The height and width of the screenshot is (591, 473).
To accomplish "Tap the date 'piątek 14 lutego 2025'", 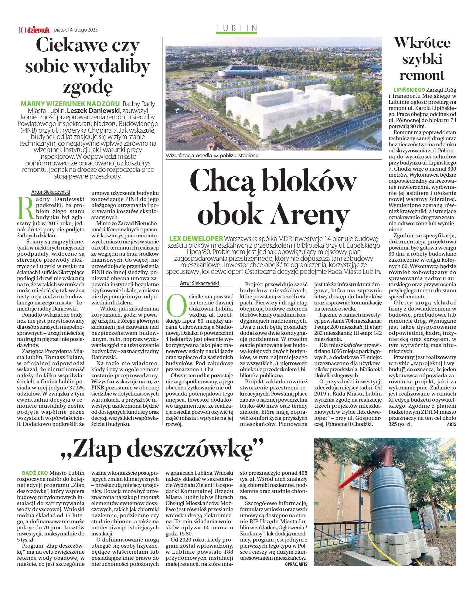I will click(76, 30).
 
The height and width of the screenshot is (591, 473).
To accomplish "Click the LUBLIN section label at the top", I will click(237, 28).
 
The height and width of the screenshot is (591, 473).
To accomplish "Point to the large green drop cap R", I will click(26, 208).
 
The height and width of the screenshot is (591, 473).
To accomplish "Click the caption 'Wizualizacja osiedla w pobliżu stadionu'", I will click(212, 155).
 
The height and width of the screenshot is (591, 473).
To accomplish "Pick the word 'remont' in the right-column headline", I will click(422, 75).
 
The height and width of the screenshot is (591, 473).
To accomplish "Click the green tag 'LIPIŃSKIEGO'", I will click(409, 90).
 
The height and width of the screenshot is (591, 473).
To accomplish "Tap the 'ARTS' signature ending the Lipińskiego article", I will click(451, 424).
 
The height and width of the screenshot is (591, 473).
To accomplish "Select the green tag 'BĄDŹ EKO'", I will click(35, 473).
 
